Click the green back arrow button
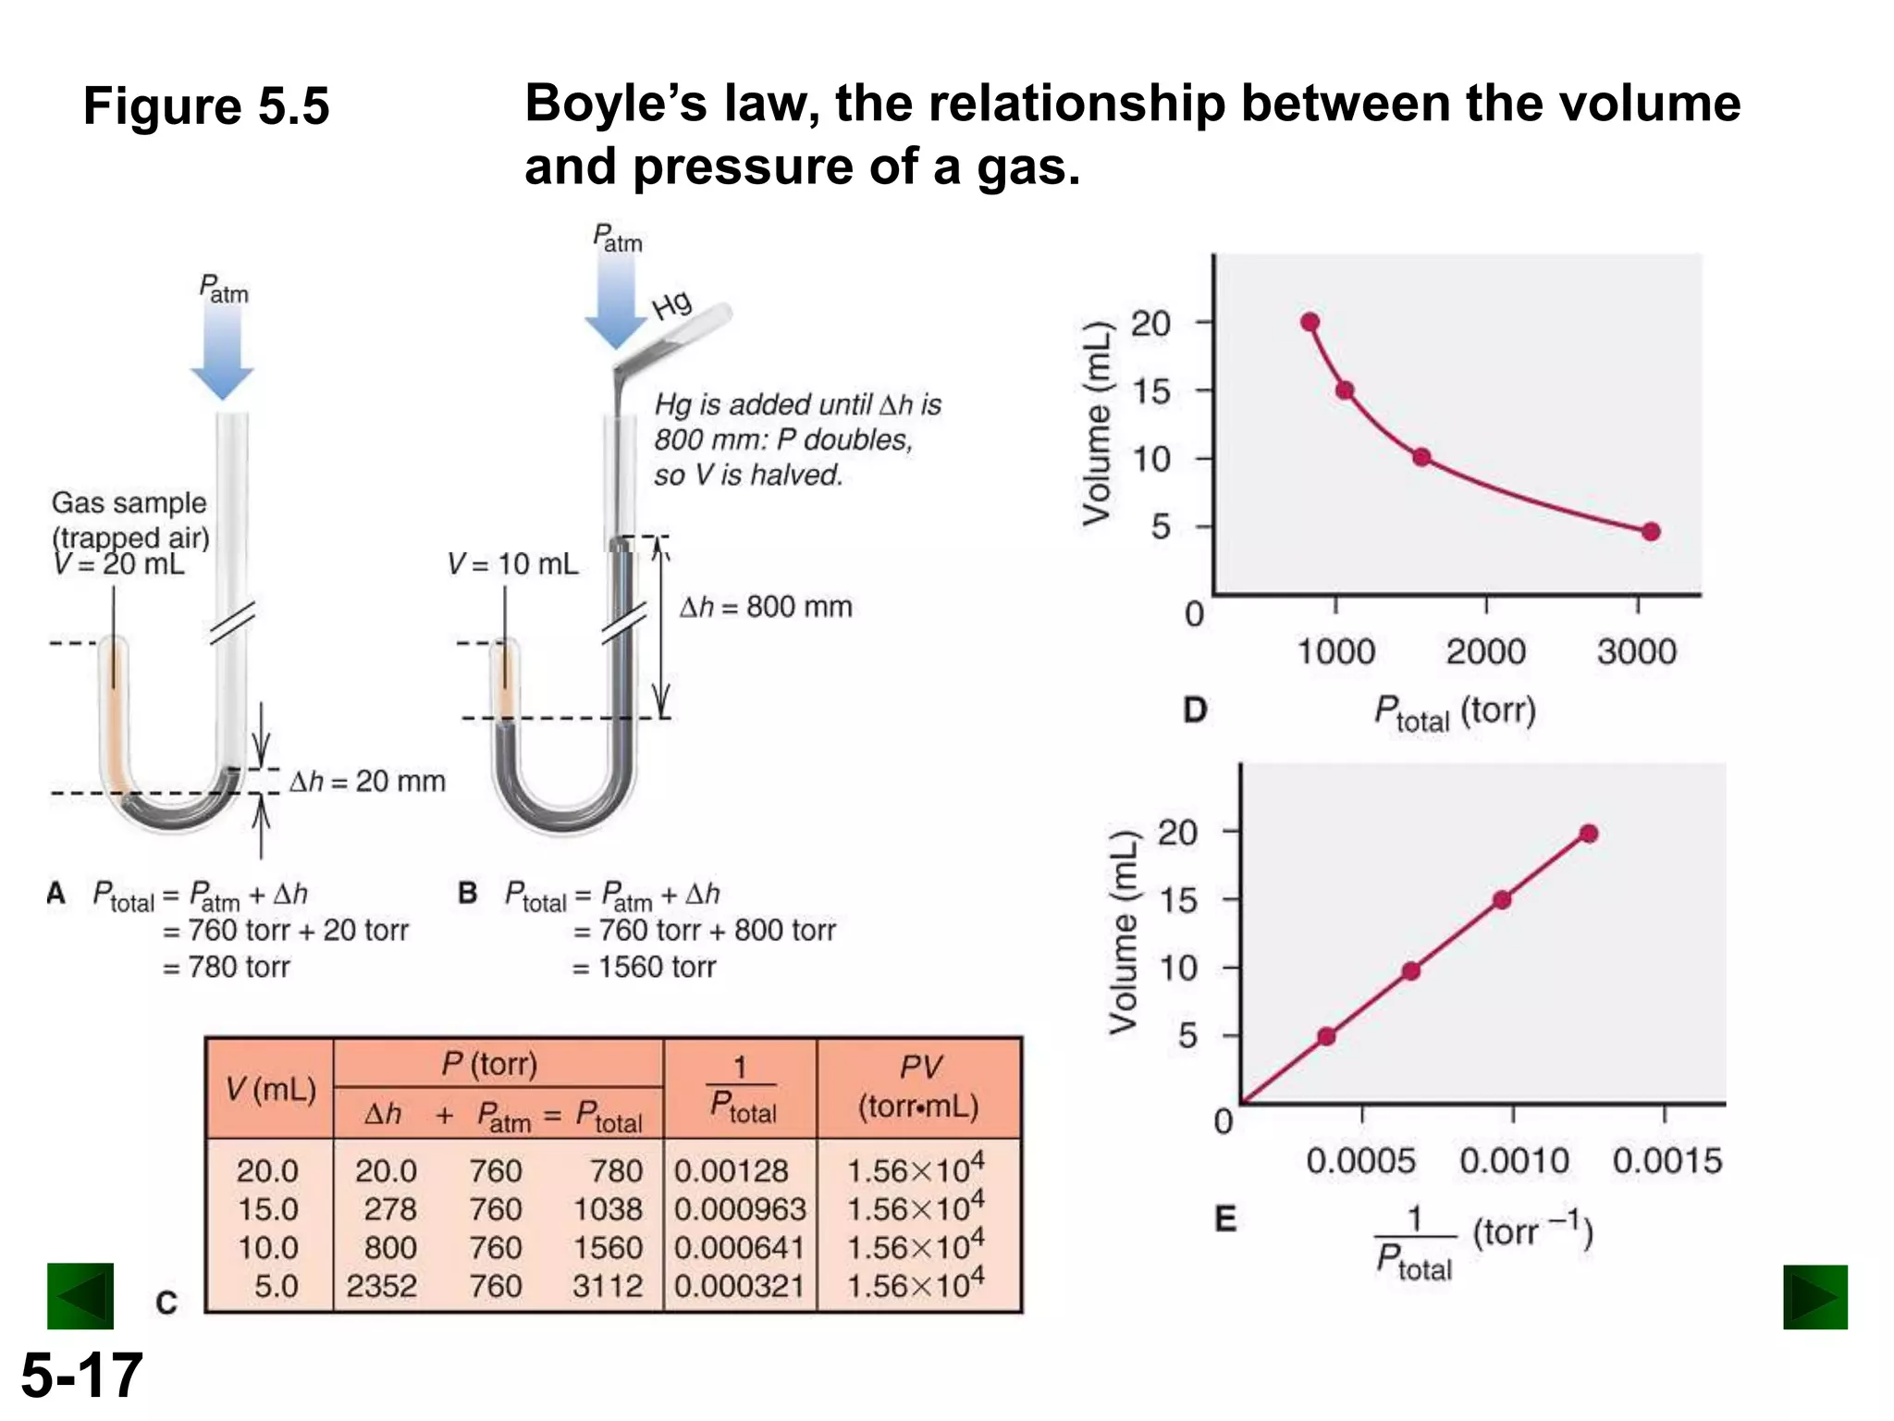[80, 1296]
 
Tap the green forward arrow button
[1814, 1297]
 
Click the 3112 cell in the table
[607, 1286]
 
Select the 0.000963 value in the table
[739, 1209]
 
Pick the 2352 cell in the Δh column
[381, 1286]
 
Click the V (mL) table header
[270, 1089]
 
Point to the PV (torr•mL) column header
[918, 1087]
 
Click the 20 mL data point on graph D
[1310, 322]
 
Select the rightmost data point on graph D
[1651, 531]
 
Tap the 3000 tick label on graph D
[1636, 651]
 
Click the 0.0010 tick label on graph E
[1514, 1160]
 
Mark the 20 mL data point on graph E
[1588, 834]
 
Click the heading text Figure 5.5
[206, 105]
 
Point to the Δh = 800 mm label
[766, 607]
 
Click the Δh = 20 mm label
[367, 781]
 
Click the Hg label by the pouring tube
[671, 304]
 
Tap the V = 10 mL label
[512, 563]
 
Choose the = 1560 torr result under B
[645, 967]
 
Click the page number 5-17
[81, 1375]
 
